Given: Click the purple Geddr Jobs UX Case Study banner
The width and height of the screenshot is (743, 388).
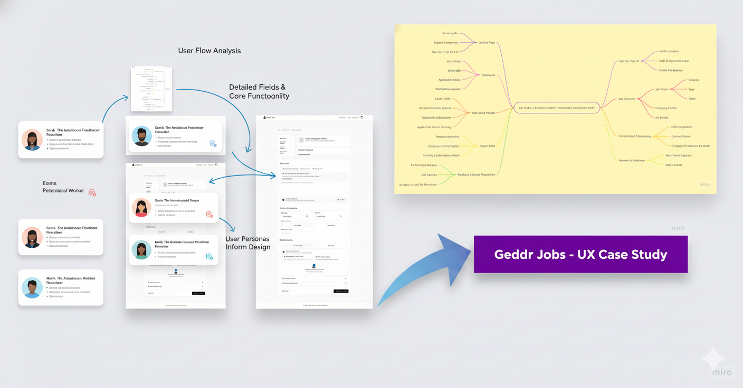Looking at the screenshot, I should (x=580, y=254).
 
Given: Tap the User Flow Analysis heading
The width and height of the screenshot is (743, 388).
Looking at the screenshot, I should (x=209, y=51).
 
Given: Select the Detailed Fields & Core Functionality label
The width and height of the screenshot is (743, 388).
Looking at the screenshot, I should (x=259, y=91).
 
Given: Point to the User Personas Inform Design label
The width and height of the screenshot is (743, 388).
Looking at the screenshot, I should (x=247, y=243).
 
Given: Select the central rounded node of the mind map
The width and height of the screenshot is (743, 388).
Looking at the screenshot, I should (x=556, y=108).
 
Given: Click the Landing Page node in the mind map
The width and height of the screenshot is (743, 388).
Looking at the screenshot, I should (x=486, y=43).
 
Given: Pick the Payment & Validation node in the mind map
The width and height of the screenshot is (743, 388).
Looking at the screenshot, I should (x=631, y=160).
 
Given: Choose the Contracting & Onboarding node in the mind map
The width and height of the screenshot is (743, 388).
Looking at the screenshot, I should (x=635, y=136).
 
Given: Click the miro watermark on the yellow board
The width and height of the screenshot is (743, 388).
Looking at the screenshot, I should (x=704, y=185).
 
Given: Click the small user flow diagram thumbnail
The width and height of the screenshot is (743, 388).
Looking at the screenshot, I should (x=151, y=89).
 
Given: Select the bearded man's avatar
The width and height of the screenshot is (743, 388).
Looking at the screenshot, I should (x=141, y=136).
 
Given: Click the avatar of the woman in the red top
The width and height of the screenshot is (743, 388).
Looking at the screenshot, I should (x=141, y=208).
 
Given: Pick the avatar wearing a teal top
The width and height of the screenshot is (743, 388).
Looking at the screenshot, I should (x=141, y=249).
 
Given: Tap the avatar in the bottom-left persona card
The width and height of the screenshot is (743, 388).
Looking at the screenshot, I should (x=32, y=288).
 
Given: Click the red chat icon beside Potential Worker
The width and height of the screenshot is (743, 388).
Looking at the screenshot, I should (x=92, y=193).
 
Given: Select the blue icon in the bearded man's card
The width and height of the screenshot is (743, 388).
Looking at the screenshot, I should (x=213, y=143).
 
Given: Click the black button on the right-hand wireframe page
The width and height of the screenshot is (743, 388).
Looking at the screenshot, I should (x=341, y=291).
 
